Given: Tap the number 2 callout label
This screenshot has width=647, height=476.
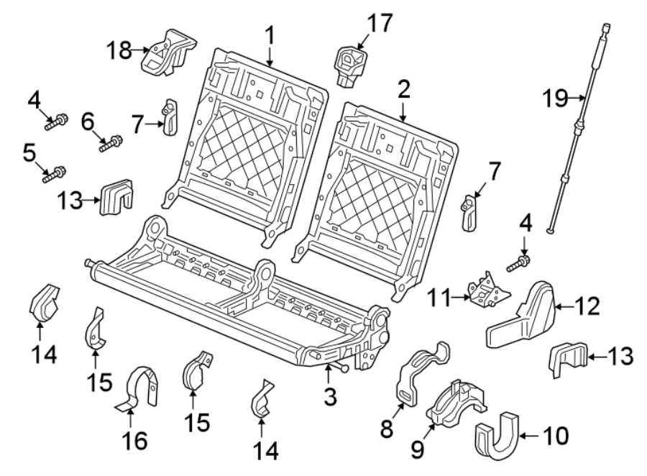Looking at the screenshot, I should pos(403,89).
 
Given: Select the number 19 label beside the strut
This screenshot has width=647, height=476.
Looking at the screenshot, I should pos(556,97).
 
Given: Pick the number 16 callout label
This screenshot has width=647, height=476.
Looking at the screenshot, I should pos(137,441).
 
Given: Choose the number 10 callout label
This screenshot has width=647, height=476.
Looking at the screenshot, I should pos(557,435).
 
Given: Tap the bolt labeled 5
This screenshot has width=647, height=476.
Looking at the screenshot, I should pos(55,173).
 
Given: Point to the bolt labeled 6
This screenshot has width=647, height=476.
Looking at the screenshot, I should pos(111,144).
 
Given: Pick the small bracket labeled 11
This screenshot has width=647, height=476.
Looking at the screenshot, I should pos(485,290).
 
